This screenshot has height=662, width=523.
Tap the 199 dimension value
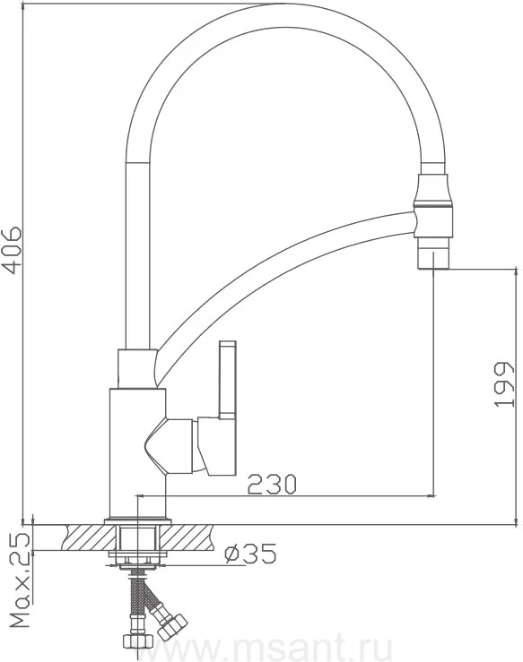(504, 384)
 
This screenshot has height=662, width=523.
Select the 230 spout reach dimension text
(272, 484)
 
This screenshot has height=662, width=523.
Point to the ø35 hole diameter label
(250, 553)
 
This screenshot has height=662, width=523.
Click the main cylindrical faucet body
(137, 452)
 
